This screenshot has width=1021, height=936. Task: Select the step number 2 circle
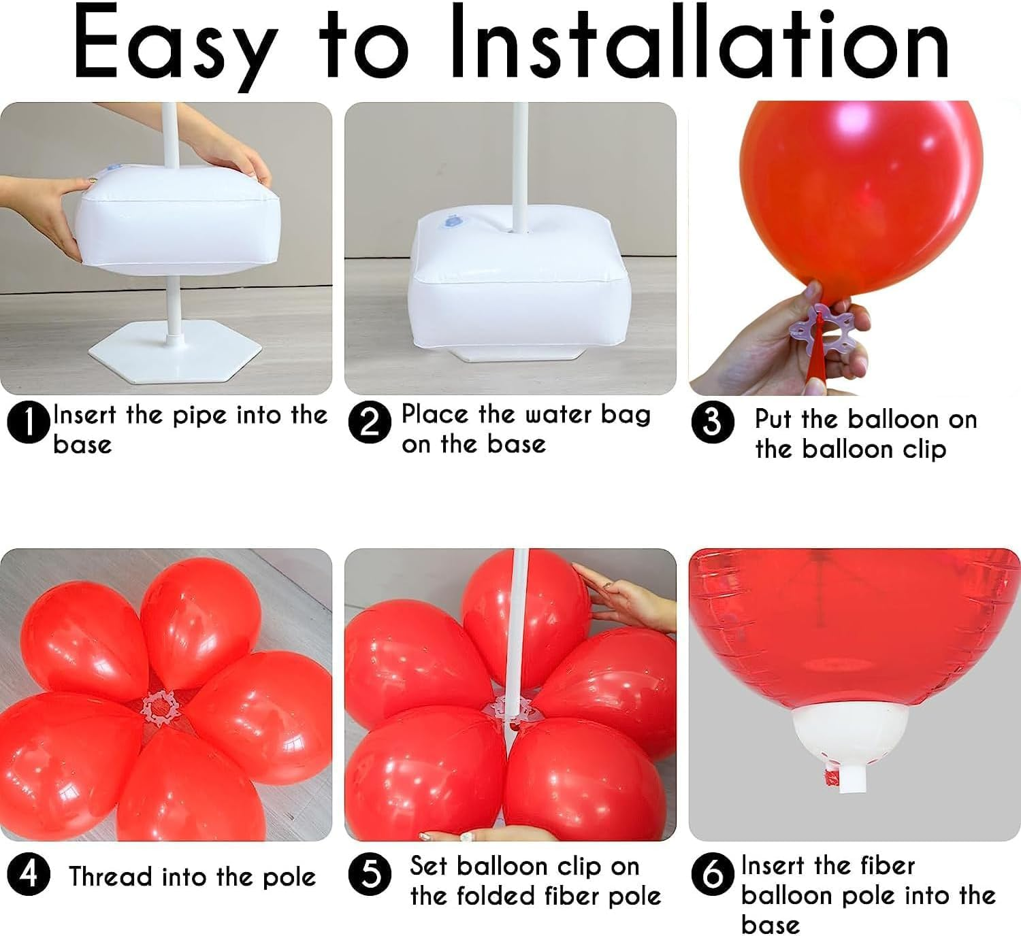[x=369, y=423]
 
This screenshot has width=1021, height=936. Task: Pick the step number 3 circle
[x=712, y=422]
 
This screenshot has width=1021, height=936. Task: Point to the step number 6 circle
[x=713, y=874]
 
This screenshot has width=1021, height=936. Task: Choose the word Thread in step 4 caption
[x=110, y=876]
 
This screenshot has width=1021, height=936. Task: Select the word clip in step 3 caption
[x=922, y=450]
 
